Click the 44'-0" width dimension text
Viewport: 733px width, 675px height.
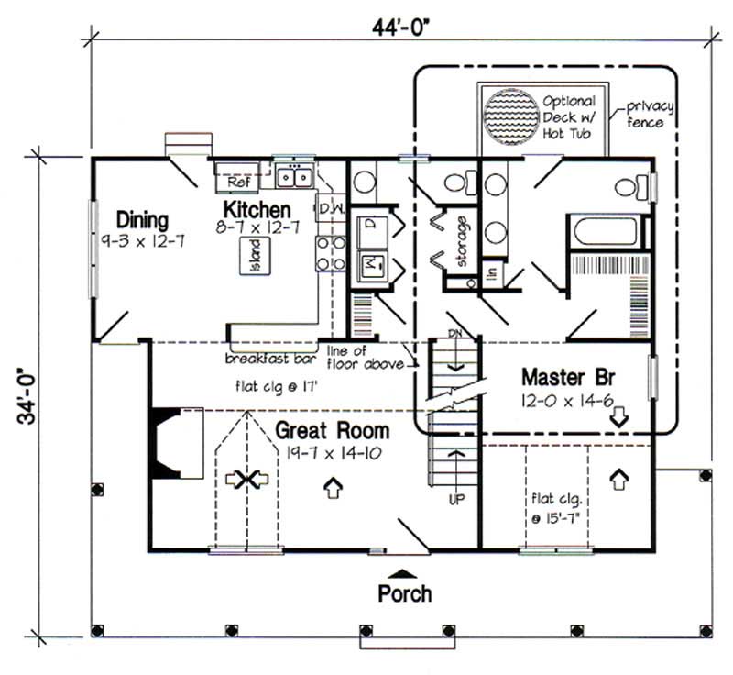coord(402,27)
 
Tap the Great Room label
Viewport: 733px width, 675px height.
coord(333,431)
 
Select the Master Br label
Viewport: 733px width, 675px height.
coord(562,378)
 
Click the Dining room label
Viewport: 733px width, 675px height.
coord(142,220)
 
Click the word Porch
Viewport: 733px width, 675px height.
coord(404,594)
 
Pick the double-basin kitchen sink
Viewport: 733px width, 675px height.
coord(296,173)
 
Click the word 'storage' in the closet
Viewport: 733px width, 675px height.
coord(464,240)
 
